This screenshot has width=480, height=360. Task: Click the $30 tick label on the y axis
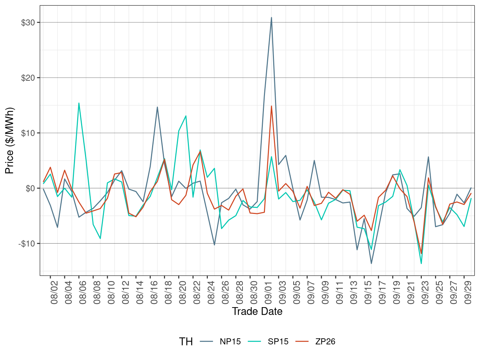point(28,23)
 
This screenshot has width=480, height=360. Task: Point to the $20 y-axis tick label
point(28,78)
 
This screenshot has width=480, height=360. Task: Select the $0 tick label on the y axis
point(30,188)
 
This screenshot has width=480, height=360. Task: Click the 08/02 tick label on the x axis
point(55,292)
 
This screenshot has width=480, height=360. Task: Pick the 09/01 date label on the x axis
point(268,292)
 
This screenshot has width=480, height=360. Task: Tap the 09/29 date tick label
point(468,292)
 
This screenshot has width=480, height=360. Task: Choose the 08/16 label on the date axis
point(154,292)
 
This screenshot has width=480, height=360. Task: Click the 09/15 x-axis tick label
point(368,292)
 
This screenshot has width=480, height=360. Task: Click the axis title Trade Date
point(257,311)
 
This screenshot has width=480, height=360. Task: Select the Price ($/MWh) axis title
point(10,141)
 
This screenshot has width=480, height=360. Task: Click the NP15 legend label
point(230,342)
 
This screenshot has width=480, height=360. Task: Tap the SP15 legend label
point(278,342)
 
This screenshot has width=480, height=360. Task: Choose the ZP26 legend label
point(325,342)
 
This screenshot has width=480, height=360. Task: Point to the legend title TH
point(186,342)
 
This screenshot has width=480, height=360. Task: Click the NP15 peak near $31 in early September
point(271,17)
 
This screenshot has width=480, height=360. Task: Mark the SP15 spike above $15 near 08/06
point(79,103)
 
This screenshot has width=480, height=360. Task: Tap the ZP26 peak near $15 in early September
point(271,106)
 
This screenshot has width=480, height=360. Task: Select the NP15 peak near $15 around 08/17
point(157,107)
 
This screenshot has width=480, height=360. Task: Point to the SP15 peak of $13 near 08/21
point(186,116)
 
